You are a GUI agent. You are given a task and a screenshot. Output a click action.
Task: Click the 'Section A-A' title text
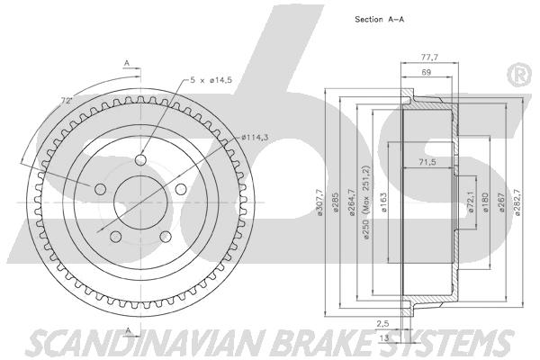(x=379, y=19)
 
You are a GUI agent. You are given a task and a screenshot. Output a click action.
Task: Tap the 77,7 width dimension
(x=429, y=58)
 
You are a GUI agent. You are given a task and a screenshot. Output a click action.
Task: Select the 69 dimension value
(x=427, y=72)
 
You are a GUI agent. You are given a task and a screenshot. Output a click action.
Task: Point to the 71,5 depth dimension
(x=427, y=162)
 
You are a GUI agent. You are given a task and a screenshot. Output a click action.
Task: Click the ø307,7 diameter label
(x=319, y=202)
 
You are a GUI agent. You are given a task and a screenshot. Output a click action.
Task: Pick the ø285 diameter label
(x=335, y=202)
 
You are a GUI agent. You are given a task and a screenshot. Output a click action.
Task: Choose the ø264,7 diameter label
(x=352, y=202)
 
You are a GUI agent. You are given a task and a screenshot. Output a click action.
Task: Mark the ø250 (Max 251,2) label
(x=366, y=202)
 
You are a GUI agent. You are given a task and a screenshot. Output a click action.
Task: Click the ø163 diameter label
(x=383, y=202)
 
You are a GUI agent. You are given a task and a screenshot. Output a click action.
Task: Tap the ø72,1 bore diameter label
(x=471, y=202)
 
